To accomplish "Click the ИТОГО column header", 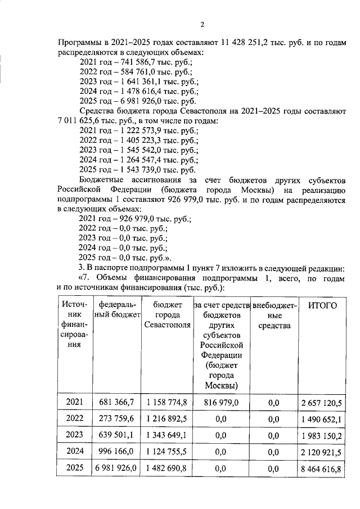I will [x=322, y=305].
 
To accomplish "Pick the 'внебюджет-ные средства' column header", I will [x=274, y=316].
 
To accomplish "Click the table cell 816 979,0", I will [x=220, y=402].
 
